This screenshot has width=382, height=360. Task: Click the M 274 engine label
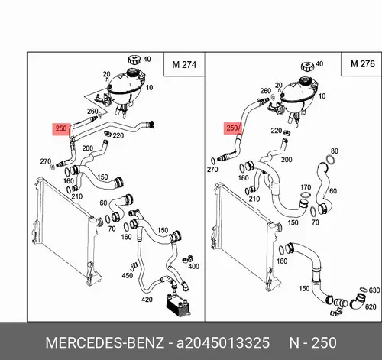coord(184,65)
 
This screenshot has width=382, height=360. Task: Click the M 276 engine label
coord(363,63)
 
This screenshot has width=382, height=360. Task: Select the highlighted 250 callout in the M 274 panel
coord(61,128)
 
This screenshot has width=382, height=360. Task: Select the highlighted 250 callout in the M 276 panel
coord(232,128)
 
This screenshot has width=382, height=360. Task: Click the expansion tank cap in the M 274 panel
coord(134,60)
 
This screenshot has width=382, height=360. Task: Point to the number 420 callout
coord(147,300)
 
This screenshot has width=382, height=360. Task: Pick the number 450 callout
coord(128,275)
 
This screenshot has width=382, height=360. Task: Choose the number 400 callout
coord(193,267)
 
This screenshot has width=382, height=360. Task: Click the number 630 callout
coord(374,290)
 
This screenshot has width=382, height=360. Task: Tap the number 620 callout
coord(371,306)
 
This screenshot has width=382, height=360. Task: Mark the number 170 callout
coord(306,187)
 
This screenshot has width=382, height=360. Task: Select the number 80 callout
coord(335,151)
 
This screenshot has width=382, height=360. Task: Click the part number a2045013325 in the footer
coord(223,342)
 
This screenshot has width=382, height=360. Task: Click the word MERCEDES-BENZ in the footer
coord(105,342)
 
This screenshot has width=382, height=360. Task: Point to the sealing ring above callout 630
coord(364,290)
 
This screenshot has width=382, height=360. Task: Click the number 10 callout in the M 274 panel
coord(149,88)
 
